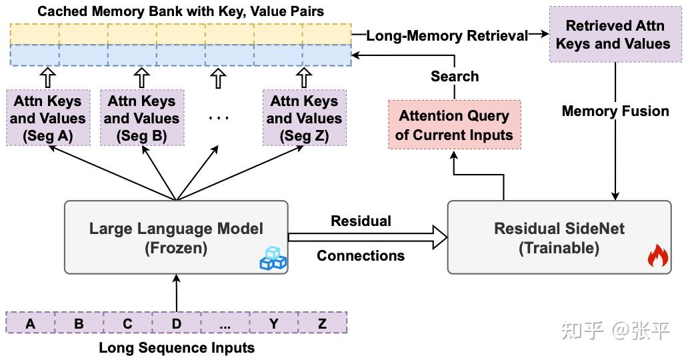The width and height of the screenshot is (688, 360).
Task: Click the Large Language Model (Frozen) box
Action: pyautogui.click(x=176, y=237)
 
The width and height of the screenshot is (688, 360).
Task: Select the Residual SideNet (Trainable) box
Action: pyautogui.click(x=559, y=237)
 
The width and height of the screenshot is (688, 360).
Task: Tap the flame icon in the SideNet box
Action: pyautogui.click(x=657, y=257)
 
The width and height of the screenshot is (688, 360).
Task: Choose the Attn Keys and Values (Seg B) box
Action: pyautogui.click(x=141, y=119)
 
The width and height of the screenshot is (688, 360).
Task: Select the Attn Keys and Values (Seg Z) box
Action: pyautogui.click(x=305, y=119)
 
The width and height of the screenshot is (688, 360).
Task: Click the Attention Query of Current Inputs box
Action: pyautogui.click(x=454, y=125)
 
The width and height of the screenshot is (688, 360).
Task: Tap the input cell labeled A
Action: pyautogui.click(x=30, y=324)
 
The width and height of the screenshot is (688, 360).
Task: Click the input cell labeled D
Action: pyautogui.click(x=176, y=324)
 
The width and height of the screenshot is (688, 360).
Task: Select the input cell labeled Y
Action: pyautogui.click(x=273, y=324)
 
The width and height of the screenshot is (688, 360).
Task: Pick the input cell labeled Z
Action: pyautogui.click(x=323, y=324)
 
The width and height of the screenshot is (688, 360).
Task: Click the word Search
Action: pyautogui.click(x=454, y=77)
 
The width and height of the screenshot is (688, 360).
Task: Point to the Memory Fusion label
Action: pyautogui.click(x=615, y=111)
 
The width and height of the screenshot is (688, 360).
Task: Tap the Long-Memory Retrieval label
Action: pyautogui.click(x=447, y=36)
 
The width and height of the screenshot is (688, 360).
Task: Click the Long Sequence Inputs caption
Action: pyautogui.click(x=177, y=348)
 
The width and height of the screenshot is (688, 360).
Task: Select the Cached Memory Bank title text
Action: pyautogui.click(x=181, y=11)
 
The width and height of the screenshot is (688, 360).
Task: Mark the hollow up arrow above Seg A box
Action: pyautogui.click(x=47, y=78)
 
